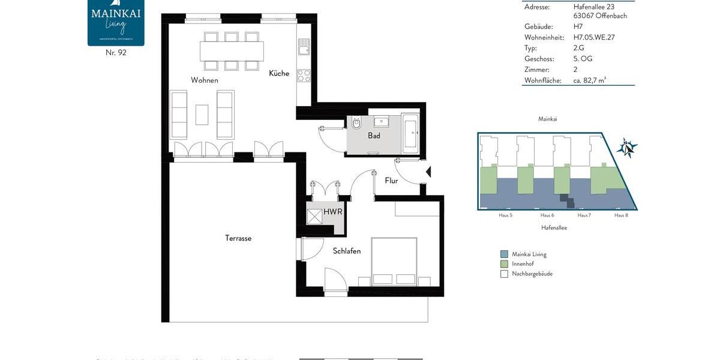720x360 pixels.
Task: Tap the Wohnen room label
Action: (205, 80)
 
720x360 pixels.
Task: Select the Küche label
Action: (279, 74)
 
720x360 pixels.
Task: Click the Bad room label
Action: (374, 136)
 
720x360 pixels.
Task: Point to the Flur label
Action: (391, 181)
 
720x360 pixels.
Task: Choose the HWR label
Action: (332, 212)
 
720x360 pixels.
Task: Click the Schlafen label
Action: (347, 251)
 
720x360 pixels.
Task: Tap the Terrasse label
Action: (238, 238)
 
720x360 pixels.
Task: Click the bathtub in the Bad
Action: (411, 132)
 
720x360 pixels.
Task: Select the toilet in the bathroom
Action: (356, 124)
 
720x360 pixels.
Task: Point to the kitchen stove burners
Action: (304, 76)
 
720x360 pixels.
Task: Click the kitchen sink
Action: (303, 46)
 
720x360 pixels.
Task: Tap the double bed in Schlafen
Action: (394, 261)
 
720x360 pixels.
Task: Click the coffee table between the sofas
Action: (202, 115)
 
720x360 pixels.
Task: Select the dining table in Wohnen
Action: (232, 50)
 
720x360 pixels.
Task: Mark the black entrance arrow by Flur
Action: (428, 173)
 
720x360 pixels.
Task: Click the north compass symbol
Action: (627, 146)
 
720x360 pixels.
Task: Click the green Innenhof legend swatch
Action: (504, 264)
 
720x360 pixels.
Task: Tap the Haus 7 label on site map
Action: (584, 215)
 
